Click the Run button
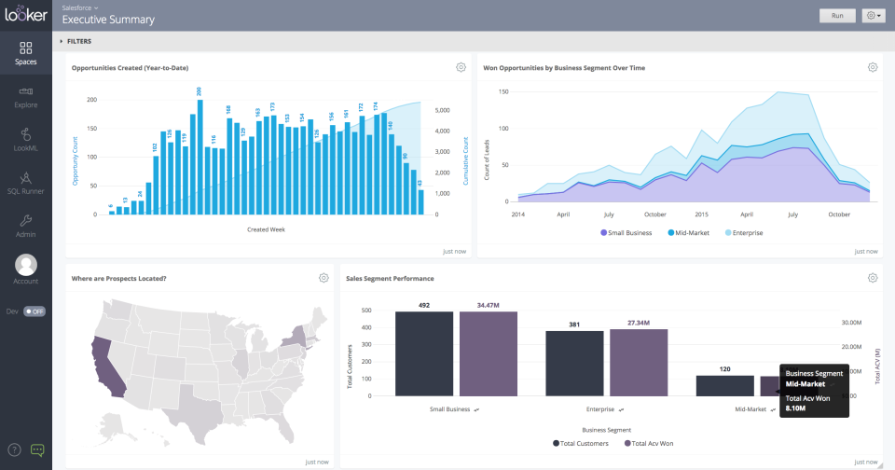click(837, 16)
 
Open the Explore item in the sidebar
click(26, 97)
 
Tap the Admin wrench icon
click(26, 221)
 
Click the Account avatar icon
click(26, 265)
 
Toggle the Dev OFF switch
click(34, 311)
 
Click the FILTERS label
click(79, 41)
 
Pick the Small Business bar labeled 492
click(424, 353)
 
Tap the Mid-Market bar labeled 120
click(724, 385)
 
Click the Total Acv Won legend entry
click(654, 444)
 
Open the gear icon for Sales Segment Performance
click(873, 278)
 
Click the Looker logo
click(26, 15)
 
